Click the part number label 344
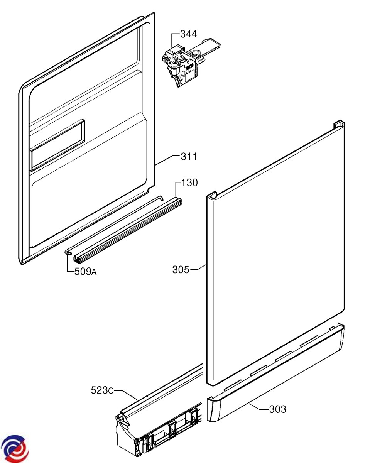click(189, 34)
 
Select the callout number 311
click(189, 157)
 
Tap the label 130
click(189, 182)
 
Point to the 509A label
click(86, 272)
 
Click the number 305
click(181, 270)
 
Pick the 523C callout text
click(102, 390)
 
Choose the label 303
click(278, 409)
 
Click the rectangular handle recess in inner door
click(58, 145)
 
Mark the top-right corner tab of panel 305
click(339, 124)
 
